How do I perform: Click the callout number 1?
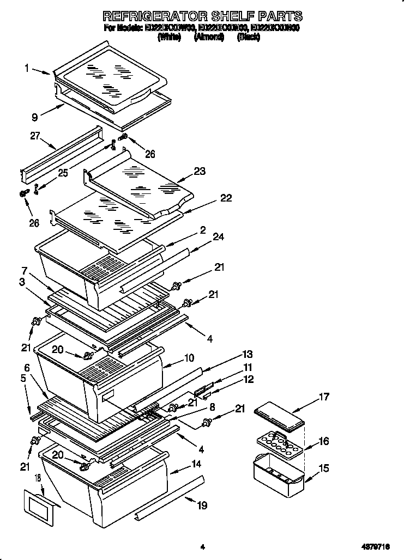pyautogui.click(x=26, y=68)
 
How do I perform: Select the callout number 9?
pyautogui.click(x=34, y=116)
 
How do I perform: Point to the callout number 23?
pyautogui.click(x=200, y=171)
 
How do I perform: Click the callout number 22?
pyautogui.click(x=226, y=198)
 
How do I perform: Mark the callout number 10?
pyautogui.click(x=189, y=358)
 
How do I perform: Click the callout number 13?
pyautogui.click(x=248, y=354)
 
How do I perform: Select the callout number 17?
pyautogui.click(x=324, y=397)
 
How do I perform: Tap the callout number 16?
pyautogui.click(x=324, y=441)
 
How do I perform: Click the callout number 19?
pyautogui.click(x=202, y=506)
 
